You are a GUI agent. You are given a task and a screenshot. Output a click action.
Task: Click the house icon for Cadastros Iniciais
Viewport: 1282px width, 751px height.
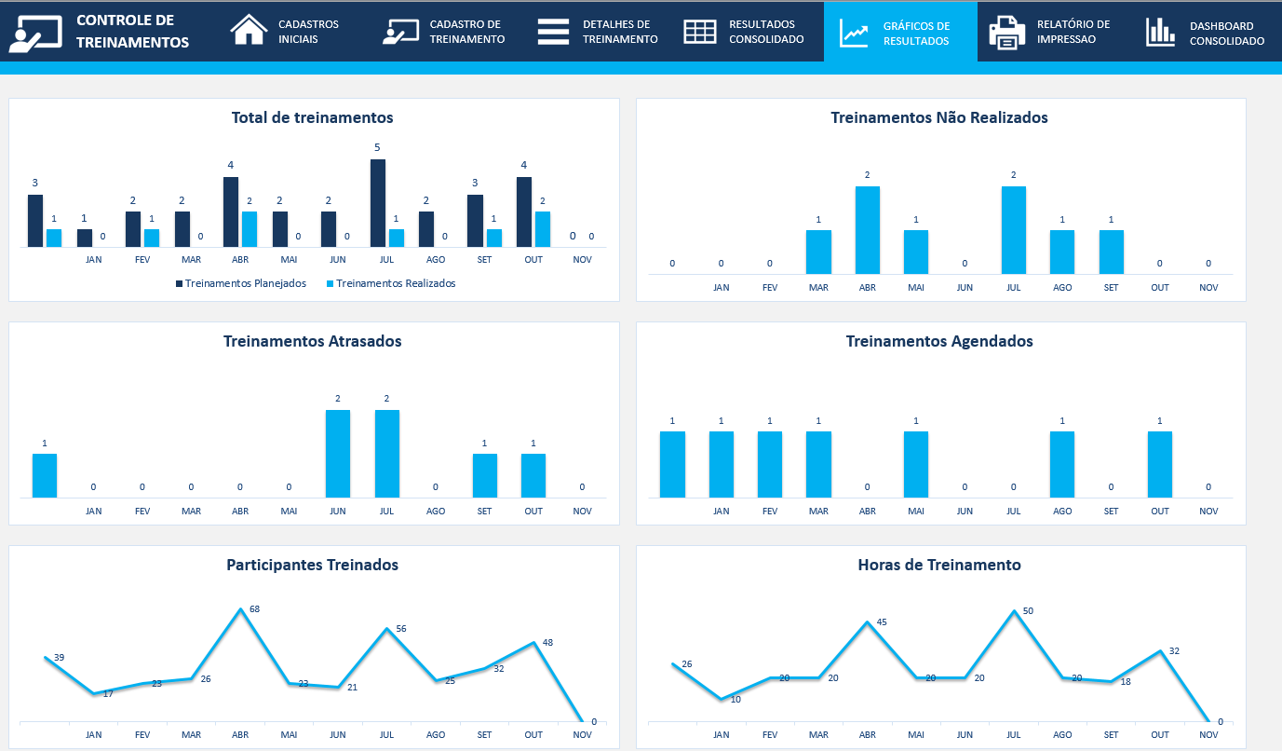[x=249, y=31]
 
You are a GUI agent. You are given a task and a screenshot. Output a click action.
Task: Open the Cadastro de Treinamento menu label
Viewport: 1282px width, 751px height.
[x=466, y=32]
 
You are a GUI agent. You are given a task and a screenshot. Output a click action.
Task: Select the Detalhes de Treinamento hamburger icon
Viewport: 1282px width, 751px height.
[x=553, y=31]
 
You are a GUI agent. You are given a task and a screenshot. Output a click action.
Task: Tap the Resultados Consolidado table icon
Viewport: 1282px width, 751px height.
[x=700, y=32]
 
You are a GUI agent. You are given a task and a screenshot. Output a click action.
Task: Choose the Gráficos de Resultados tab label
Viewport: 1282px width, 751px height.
[x=916, y=34]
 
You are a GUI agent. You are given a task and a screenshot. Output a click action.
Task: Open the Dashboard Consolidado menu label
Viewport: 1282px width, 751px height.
[x=1226, y=34]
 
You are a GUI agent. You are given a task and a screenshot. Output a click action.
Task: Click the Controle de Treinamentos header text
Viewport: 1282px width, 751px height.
[x=132, y=31]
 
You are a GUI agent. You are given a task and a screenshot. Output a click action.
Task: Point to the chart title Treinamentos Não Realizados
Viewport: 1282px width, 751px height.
[x=939, y=117]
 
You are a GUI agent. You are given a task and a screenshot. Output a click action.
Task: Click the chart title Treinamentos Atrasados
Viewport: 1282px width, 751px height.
[x=313, y=341]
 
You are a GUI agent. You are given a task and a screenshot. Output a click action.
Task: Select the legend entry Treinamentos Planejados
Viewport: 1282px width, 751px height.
[x=245, y=283]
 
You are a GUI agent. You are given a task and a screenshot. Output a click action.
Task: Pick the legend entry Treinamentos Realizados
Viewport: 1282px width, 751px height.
[x=396, y=283]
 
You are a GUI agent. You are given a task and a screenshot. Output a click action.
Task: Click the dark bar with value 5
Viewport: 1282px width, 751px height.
[x=377, y=202]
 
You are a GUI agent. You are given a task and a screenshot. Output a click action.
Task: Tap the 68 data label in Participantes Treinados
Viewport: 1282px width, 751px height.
[x=254, y=609]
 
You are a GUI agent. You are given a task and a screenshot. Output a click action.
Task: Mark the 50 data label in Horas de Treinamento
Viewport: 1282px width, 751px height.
[x=1028, y=611]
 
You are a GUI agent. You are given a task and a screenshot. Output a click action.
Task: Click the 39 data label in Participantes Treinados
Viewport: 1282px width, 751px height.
[x=59, y=658]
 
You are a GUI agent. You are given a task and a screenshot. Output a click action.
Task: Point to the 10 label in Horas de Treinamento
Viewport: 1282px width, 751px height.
[x=735, y=699]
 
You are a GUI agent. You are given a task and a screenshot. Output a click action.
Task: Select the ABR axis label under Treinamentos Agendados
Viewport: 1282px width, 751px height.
[x=867, y=511]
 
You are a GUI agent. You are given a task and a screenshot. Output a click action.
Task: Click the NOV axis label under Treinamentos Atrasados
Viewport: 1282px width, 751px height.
[x=582, y=511]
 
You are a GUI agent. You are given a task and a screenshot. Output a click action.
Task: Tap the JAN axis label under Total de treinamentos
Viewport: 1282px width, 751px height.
[x=93, y=260]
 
